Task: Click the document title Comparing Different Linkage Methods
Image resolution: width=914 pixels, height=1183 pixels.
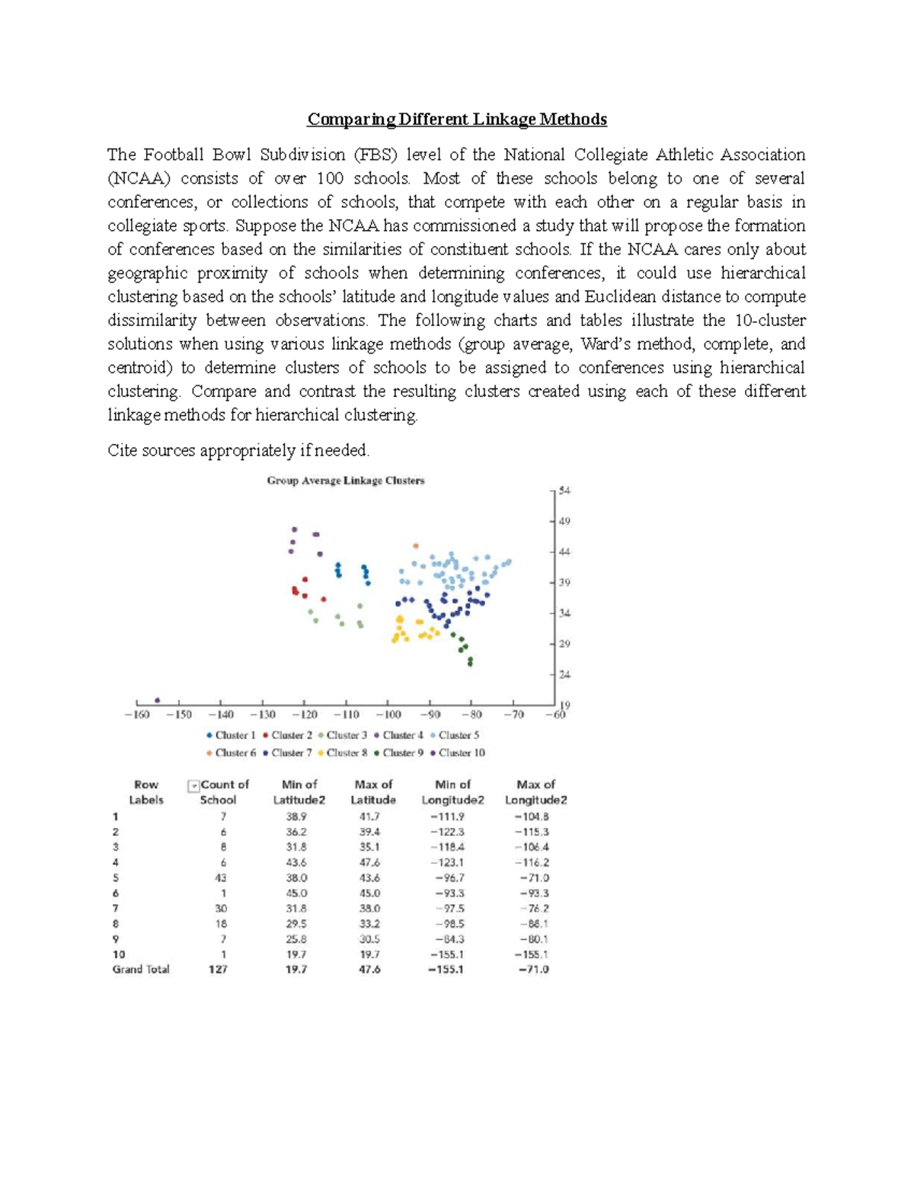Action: (x=456, y=120)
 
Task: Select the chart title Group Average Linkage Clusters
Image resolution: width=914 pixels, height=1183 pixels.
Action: (x=345, y=481)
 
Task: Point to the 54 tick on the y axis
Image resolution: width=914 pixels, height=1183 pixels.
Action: (x=564, y=491)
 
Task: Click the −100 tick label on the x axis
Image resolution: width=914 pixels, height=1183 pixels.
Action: (x=388, y=715)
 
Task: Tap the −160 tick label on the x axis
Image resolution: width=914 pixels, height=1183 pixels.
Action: (x=136, y=715)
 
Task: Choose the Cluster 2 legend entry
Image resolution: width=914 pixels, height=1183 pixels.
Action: (x=287, y=735)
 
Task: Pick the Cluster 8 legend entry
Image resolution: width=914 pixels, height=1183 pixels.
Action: (x=343, y=753)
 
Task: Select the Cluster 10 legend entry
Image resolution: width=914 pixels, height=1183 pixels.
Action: (x=457, y=753)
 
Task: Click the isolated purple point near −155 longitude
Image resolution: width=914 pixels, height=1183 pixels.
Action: (x=158, y=700)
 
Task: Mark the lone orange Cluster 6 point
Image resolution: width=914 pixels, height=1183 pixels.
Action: (x=415, y=545)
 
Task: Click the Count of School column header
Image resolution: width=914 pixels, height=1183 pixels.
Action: (x=223, y=791)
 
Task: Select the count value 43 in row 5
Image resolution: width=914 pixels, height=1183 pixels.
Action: (x=221, y=878)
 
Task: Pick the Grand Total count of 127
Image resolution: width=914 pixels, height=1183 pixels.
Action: (x=218, y=970)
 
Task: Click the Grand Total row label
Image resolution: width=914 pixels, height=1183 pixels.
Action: (x=141, y=970)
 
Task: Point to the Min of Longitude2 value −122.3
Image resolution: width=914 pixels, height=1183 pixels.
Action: (x=449, y=832)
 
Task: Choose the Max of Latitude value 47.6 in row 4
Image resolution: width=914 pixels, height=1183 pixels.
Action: (x=369, y=862)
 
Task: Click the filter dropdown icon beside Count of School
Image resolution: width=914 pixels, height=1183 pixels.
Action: (x=193, y=785)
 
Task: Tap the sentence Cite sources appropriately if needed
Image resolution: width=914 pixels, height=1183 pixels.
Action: (x=238, y=450)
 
